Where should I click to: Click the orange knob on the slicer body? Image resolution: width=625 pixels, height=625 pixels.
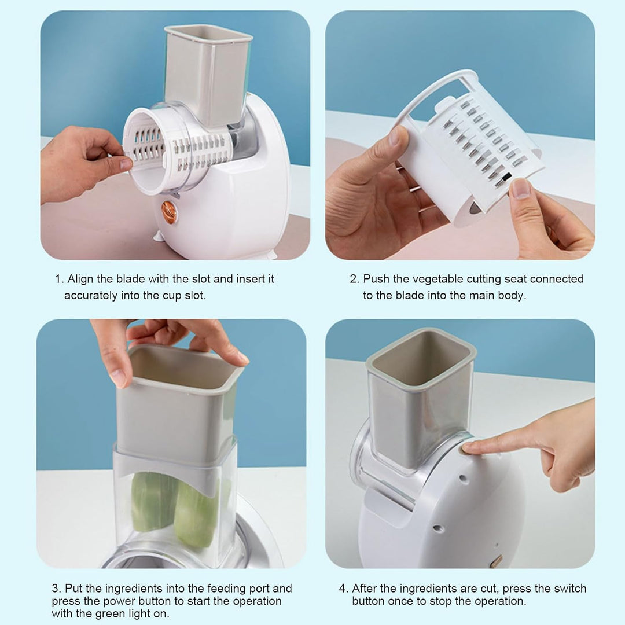tap(168, 212)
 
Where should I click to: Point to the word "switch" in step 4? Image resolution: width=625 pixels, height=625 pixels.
tap(568, 589)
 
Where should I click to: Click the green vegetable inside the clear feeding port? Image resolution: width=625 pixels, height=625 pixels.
tap(175, 508)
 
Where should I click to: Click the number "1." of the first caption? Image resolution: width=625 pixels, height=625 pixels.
tap(60, 280)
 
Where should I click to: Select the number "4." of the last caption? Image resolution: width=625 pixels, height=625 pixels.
tap(344, 589)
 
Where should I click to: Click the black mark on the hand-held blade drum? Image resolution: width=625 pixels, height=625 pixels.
tap(506, 177)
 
